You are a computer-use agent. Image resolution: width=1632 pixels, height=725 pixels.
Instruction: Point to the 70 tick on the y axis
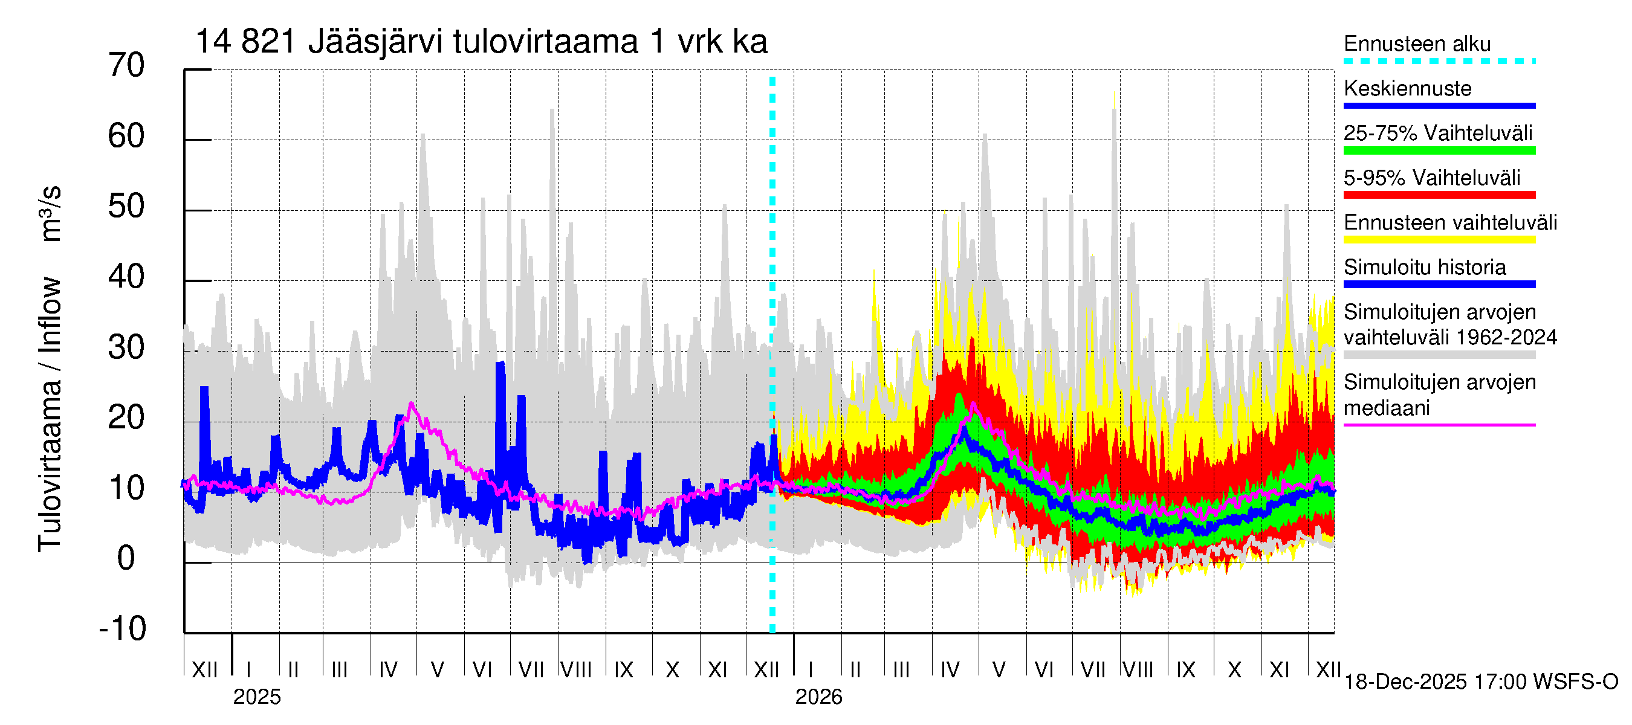pyautogui.click(x=127, y=66)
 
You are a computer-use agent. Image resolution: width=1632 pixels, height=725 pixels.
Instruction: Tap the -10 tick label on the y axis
pyautogui.click(x=123, y=629)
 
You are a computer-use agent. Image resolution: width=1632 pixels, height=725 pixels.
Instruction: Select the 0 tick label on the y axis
pyautogui.click(x=126, y=558)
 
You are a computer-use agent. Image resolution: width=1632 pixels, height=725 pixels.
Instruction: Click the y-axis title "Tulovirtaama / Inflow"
pyautogui.click(x=50, y=414)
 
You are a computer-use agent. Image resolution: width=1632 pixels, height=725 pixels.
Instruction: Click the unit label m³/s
pyautogui.click(x=51, y=213)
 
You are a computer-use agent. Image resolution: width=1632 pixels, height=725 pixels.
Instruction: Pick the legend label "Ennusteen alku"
pyautogui.click(x=1417, y=43)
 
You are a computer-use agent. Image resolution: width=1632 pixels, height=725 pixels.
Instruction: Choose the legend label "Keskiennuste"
pyautogui.click(x=1407, y=89)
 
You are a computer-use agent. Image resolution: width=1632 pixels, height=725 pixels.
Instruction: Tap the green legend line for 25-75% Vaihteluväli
pyautogui.click(x=1439, y=150)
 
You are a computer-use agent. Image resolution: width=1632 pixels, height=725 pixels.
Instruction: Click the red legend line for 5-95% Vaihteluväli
pyautogui.click(x=1439, y=195)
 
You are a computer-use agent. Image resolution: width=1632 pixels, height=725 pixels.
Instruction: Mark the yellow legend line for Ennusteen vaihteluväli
pyautogui.click(x=1439, y=240)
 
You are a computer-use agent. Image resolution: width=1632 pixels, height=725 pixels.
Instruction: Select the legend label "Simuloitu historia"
pyautogui.click(x=1424, y=267)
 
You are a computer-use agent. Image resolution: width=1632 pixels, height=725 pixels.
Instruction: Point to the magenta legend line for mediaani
pyautogui.click(x=1439, y=425)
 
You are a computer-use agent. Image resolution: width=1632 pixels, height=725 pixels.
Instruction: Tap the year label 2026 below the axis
pyautogui.click(x=818, y=697)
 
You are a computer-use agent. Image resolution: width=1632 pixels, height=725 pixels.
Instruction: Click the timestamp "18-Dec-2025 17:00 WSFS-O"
pyautogui.click(x=1480, y=682)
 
